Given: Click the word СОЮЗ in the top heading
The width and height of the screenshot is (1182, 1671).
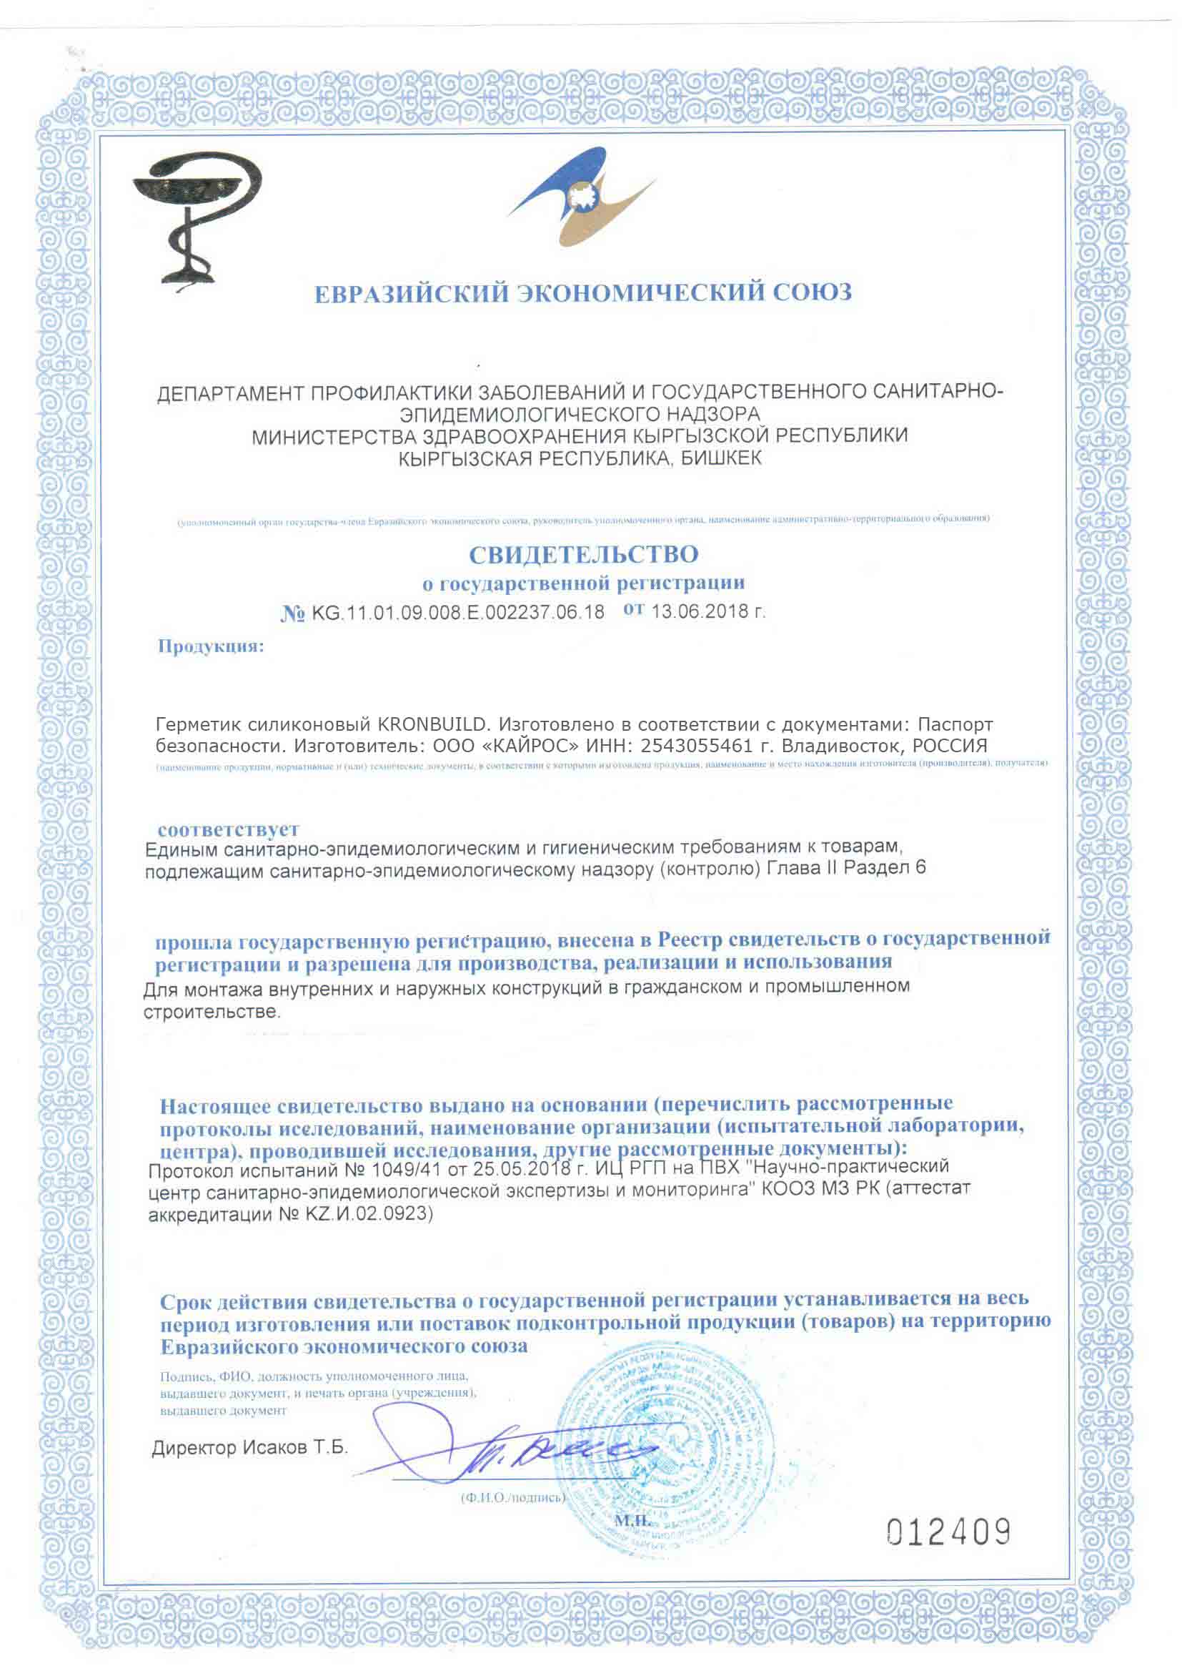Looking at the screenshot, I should coord(812,292).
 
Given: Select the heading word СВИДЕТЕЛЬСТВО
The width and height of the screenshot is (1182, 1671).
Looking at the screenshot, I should coord(583,556).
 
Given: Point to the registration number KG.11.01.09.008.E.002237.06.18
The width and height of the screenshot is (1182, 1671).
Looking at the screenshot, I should coord(458,612).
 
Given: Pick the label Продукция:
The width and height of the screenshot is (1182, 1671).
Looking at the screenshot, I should coord(211,646).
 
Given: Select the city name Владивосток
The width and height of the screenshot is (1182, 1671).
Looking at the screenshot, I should coord(833,746).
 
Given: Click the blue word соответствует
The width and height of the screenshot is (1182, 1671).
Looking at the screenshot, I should coord(229,829).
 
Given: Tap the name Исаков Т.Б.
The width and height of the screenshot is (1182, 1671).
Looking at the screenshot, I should coord(296,1448).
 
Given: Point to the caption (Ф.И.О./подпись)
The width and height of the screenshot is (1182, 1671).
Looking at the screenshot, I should coord(512,1499).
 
